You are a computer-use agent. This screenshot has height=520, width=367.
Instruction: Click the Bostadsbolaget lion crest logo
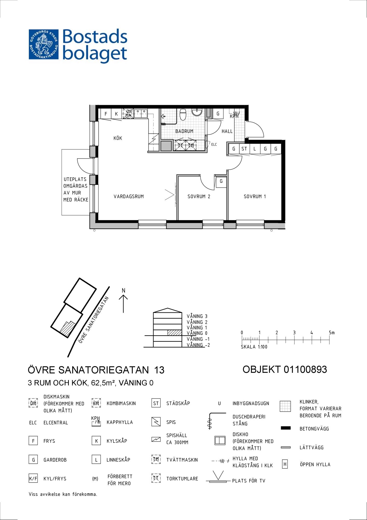coord(44,44)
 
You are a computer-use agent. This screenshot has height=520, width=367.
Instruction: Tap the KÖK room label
coord(118,138)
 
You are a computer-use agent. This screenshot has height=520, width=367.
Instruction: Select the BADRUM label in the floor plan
coord(184,131)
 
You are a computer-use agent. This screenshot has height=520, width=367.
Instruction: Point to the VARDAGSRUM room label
coord(129,197)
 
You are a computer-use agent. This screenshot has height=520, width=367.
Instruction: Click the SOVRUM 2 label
coord(199,197)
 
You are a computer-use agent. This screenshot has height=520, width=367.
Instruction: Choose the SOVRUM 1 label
coord(255,197)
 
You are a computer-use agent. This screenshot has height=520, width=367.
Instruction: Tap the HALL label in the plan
coord(227,131)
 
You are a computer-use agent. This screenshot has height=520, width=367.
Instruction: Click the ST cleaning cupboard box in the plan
coord(244,149)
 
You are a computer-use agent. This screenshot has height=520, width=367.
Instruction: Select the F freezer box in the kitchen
coord(106,114)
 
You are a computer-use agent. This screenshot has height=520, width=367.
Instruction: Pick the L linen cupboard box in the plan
coord(255,149)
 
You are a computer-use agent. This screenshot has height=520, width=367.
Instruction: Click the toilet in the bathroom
coord(183,114)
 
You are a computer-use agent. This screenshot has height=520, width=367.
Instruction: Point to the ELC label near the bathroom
coord(214,145)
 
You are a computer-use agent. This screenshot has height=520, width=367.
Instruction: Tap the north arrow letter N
coord(124,290)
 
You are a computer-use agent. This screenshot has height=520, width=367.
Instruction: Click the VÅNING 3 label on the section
coord(197,316)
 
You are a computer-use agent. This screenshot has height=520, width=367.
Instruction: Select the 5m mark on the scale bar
coord(332,333)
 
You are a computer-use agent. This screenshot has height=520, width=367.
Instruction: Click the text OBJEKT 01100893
coord(285,369)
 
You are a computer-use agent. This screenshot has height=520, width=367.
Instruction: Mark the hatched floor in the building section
coord(174,333)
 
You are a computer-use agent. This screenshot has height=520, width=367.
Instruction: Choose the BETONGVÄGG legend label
coord(314,429)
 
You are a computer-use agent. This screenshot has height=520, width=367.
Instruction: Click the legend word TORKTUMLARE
coord(182,479)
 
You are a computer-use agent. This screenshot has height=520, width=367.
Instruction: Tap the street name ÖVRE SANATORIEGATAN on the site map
coord(94,320)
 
